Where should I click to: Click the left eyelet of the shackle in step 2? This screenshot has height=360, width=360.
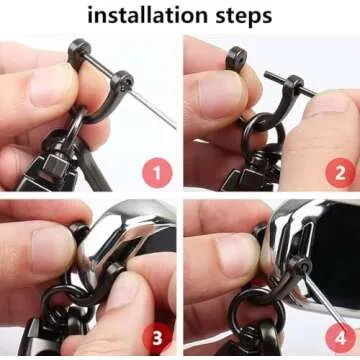coord(237,56)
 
